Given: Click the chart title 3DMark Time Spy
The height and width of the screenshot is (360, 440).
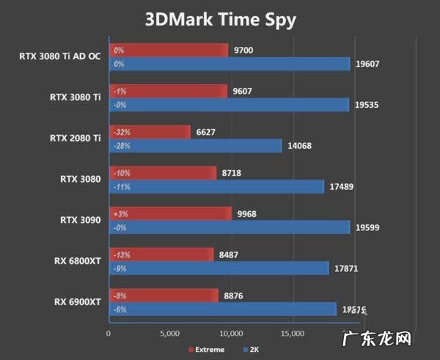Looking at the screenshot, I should coord(219,19).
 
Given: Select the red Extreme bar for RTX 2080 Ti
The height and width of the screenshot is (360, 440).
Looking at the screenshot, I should coord(150,132).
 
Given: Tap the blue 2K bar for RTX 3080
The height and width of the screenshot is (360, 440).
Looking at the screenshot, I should coord(216,187).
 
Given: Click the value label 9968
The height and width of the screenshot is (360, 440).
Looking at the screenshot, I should coord(248,213).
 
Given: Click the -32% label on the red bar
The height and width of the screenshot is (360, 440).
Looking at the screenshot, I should coord(122,132).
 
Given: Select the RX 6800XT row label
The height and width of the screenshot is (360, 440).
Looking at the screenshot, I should coord(78,261).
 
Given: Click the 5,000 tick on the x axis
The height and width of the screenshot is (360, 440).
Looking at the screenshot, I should coord(169,334).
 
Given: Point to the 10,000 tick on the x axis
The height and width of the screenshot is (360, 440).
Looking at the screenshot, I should coord(231,334).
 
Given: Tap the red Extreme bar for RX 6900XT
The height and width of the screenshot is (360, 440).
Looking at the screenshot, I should coord(164,295).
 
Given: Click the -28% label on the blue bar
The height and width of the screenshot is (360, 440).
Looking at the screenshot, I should coord(122,146).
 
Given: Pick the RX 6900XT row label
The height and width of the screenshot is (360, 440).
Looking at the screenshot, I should coord(78,302).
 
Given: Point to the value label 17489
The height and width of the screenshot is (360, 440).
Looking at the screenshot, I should coord(342,187).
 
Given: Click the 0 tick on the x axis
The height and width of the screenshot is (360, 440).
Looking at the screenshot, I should coord(109,334).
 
